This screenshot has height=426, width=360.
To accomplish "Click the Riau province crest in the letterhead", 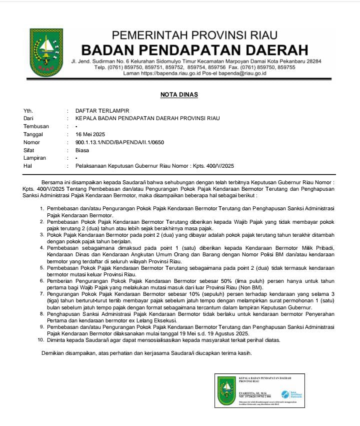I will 46,53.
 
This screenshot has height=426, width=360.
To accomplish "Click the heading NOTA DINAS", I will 179,94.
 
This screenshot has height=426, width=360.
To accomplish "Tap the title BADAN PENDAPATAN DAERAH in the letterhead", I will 194,50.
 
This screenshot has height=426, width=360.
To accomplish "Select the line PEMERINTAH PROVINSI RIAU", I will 194,36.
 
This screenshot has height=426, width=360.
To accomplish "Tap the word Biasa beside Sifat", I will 82,150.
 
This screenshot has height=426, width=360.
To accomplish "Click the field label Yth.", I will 28,110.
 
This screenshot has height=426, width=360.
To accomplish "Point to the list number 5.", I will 42,268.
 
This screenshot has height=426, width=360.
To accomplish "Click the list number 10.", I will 41,340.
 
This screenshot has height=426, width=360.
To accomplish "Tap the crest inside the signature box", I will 226,390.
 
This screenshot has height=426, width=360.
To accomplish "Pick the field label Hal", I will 27,166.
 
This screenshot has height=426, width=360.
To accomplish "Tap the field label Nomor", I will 31,142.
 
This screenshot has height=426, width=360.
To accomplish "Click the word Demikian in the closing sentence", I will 55,353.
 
